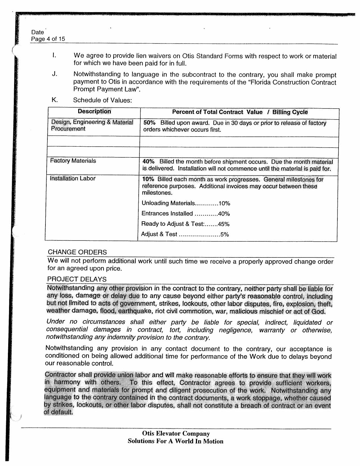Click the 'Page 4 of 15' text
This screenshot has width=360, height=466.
click(48, 39)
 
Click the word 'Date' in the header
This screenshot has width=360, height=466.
click(38, 32)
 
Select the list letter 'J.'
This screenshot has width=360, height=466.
click(54, 74)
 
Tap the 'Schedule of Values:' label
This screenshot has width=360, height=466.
click(102, 100)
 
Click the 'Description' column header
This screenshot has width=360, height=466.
click(94, 111)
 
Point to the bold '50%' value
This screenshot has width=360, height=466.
click(149, 123)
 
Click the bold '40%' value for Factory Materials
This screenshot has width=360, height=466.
click(149, 162)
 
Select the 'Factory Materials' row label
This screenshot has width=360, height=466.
click(73, 161)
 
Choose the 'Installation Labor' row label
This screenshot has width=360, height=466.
click(73, 179)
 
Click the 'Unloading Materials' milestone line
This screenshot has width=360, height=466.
click(186, 203)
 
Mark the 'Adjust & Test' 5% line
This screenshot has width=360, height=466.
click(185, 234)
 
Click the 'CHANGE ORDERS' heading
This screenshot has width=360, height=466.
click(77, 252)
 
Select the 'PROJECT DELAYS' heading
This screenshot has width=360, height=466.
click(77, 279)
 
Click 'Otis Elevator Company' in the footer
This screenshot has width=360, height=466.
click(176, 434)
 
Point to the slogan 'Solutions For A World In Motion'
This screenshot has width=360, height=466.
click(175, 441)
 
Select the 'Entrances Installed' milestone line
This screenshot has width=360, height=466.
click(186, 214)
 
